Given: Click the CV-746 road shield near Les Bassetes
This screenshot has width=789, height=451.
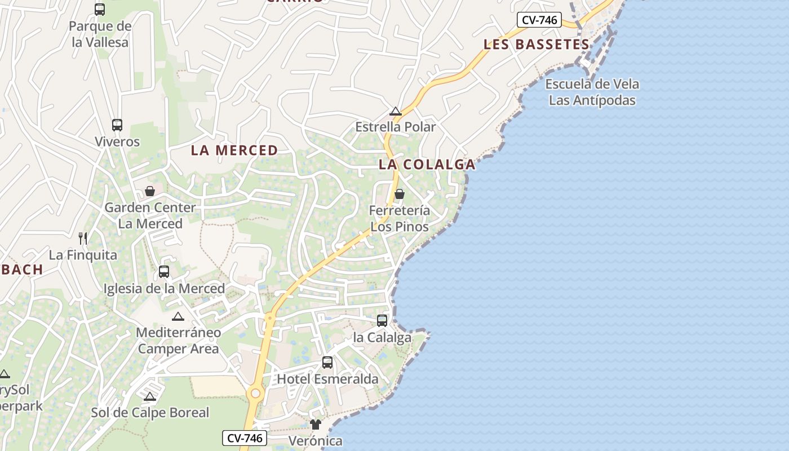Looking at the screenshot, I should [x=539, y=20].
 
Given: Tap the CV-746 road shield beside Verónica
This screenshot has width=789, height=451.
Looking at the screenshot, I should [x=244, y=437].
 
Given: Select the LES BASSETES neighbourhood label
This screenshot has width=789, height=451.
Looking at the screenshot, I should [x=536, y=44].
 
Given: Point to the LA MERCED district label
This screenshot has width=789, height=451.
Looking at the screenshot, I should [x=234, y=150].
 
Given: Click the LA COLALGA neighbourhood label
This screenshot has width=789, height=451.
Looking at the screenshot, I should [x=427, y=165].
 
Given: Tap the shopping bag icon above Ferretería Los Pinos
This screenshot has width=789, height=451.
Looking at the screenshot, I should [x=400, y=194].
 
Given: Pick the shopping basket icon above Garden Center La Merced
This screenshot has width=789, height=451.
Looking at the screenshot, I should [x=150, y=191].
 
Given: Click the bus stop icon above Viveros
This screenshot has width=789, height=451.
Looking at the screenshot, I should [x=117, y=125].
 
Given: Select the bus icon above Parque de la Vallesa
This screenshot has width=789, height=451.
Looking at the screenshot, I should [x=100, y=10].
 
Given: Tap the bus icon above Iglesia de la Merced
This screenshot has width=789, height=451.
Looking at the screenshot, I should [x=164, y=272].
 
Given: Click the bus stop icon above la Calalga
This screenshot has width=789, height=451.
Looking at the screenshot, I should [x=382, y=321].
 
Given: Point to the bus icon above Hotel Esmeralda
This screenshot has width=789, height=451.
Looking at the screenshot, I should [x=327, y=362].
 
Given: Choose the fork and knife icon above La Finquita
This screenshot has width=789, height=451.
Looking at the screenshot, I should [x=83, y=238].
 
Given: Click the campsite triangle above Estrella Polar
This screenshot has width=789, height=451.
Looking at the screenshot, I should [x=396, y=111].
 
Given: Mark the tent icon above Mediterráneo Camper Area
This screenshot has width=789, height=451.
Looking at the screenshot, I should [x=178, y=316].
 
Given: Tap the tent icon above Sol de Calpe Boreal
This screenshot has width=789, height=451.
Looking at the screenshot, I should [x=149, y=396].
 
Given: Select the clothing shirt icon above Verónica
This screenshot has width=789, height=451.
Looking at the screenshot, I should [x=315, y=424].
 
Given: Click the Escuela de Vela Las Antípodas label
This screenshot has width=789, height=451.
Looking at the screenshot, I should [x=592, y=92].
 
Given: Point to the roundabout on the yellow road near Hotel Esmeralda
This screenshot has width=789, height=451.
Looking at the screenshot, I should [x=256, y=393].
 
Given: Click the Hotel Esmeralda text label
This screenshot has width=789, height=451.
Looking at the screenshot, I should [x=327, y=379].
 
